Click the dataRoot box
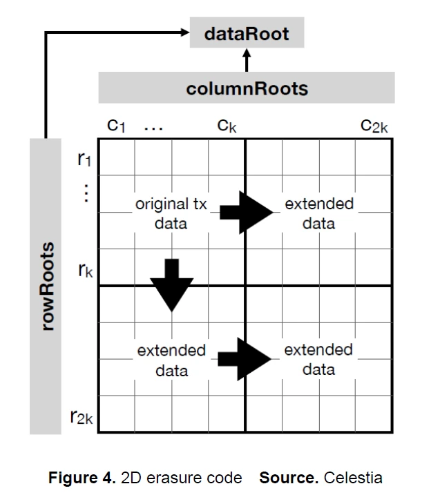tap(247, 34)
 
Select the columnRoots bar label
tap(247, 88)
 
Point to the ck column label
tap(227, 126)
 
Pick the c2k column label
tap(374, 126)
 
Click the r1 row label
tap(85, 161)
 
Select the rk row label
tap(85, 269)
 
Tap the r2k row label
tap(81, 416)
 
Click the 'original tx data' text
tap(171, 214)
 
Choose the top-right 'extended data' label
tap(318, 214)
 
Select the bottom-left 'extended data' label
tap(171, 360)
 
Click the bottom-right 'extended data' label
tap(318, 360)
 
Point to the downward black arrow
tap(172, 284)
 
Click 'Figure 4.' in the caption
tap(82, 478)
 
